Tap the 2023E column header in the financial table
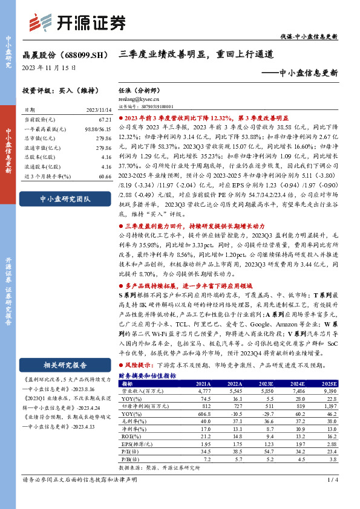[x=264, y=383]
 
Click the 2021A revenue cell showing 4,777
[x=201, y=391]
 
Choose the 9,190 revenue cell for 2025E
[x=327, y=391]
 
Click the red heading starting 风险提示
[x=139, y=366]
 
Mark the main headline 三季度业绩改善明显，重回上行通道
[x=197, y=54]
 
